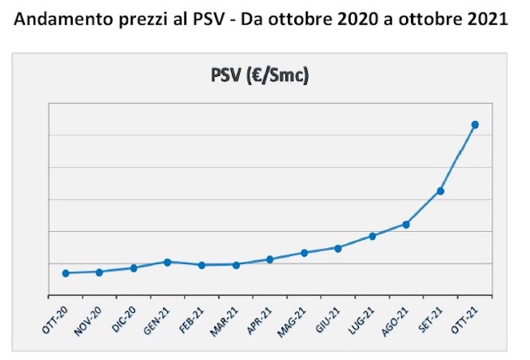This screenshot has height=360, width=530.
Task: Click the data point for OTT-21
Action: pyautogui.click(x=475, y=125)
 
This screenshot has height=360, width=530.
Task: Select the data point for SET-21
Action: pyautogui.click(x=440, y=191)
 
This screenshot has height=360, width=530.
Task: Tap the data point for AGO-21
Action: pyautogui.click(x=406, y=224)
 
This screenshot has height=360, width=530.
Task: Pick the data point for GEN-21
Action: pyautogui.click(x=168, y=262)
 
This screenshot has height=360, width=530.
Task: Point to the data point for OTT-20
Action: pyautogui.click(x=66, y=273)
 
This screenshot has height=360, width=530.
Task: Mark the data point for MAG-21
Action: pyautogui.click(x=304, y=253)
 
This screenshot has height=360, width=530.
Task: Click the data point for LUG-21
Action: pyautogui.click(x=373, y=236)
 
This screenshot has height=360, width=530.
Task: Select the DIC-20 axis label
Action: pyautogui.click(x=125, y=319)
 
